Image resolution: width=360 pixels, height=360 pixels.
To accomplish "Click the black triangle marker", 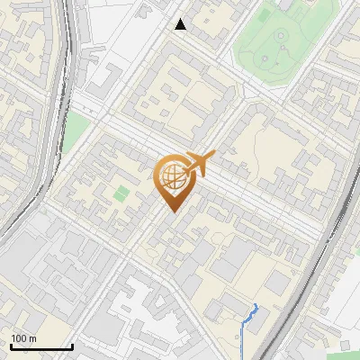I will click(181, 24).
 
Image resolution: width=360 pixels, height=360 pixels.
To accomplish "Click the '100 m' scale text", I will click(23, 338).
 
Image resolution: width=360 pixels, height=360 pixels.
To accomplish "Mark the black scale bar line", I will click(40, 346).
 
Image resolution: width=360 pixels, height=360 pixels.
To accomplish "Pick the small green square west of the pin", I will click(121, 193).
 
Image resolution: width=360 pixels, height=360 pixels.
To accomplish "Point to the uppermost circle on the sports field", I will click(281, 35).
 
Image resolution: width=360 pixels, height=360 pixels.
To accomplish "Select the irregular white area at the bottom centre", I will click(144, 306).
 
